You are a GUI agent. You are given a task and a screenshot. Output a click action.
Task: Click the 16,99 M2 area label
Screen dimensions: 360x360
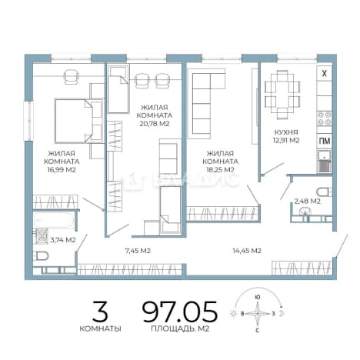point(62,169)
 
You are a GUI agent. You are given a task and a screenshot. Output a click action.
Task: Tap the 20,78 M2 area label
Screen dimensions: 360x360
point(155,124)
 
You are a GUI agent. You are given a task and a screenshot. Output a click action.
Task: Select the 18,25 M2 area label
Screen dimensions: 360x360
point(220,169)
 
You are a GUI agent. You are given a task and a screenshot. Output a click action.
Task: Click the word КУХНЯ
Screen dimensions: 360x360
point(286,132)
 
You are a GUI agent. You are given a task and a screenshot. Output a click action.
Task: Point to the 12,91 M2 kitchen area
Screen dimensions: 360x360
point(286,141)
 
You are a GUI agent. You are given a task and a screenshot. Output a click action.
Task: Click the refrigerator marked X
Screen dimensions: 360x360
point(325,74)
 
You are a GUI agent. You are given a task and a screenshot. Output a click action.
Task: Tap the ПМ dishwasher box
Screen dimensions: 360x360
point(325,141)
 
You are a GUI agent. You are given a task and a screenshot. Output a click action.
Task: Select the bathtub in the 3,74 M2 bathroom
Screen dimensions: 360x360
point(54,220)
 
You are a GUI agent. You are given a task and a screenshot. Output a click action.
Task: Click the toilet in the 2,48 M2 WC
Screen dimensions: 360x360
point(324,192)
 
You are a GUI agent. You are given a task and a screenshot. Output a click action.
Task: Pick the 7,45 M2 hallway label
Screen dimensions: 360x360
point(138,251)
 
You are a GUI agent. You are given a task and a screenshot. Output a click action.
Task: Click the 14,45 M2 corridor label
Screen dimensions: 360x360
point(247,251)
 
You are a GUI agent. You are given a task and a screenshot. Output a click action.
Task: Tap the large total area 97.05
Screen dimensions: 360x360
point(180,312)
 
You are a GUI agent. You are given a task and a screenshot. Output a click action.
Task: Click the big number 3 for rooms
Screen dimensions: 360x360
point(100,312)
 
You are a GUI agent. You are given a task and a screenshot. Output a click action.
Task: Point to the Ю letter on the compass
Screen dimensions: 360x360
point(258,298)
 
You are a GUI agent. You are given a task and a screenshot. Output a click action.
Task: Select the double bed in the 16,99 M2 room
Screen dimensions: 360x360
point(78,121)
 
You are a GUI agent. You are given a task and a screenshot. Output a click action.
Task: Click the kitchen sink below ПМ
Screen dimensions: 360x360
point(325,161)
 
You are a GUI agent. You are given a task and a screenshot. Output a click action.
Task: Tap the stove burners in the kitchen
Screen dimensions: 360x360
point(325,118)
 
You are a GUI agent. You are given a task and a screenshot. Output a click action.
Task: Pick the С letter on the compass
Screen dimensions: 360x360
point(258,331)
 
